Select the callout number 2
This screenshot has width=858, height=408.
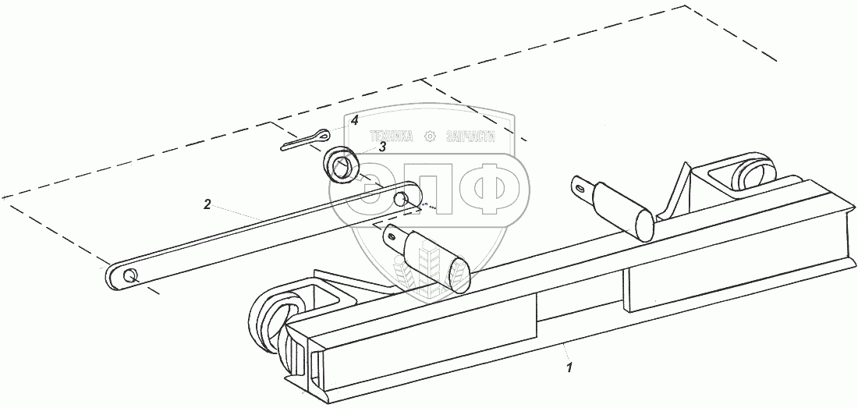tap(207, 204)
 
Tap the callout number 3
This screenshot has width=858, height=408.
tap(382, 146)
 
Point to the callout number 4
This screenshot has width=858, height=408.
tap(354, 121)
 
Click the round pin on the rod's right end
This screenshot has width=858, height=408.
tap(400, 199)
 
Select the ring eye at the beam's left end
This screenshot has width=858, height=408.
tap(268, 320)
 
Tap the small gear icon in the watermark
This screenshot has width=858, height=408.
tap(428, 136)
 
